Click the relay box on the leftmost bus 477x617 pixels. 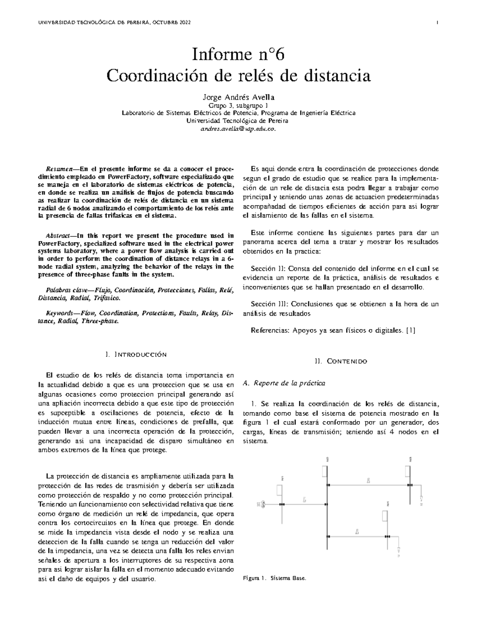tap(279, 490)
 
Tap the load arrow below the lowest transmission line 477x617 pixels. tap(399, 551)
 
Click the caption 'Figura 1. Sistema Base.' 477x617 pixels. tap(274, 579)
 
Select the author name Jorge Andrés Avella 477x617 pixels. tap(238, 97)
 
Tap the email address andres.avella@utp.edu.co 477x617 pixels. tap(238, 129)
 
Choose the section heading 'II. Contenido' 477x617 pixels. tap(341, 361)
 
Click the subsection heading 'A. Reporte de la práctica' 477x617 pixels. tap(284, 383)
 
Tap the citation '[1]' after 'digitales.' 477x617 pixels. tap(411, 330)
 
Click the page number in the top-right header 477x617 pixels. tap(437, 23)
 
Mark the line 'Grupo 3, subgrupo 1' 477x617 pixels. tap(238, 106)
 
